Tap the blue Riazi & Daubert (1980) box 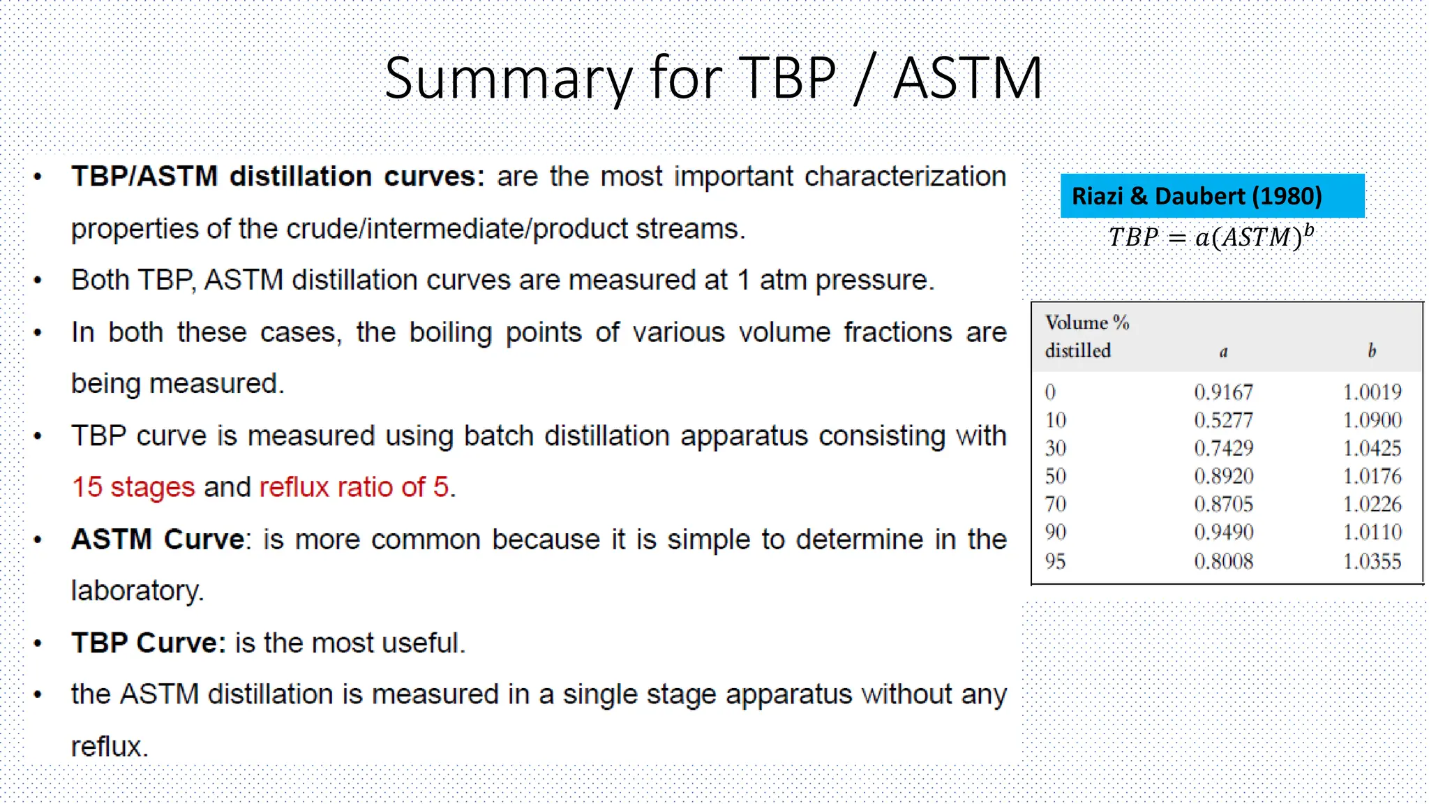[1212, 196]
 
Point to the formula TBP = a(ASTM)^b [1211, 237]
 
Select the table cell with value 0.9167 [1223, 392]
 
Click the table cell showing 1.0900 [1372, 420]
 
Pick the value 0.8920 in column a [1223, 476]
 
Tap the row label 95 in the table [1055, 561]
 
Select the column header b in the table [1372, 351]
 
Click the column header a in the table [1223, 352]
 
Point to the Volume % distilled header [1086, 336]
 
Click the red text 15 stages [133, 487]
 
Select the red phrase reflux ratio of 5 [354, 487]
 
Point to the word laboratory [137, 591]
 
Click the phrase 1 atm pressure [835, 281]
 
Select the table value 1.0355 [1372, 561]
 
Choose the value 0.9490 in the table [1223, 533]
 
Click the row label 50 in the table [1055, 476]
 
